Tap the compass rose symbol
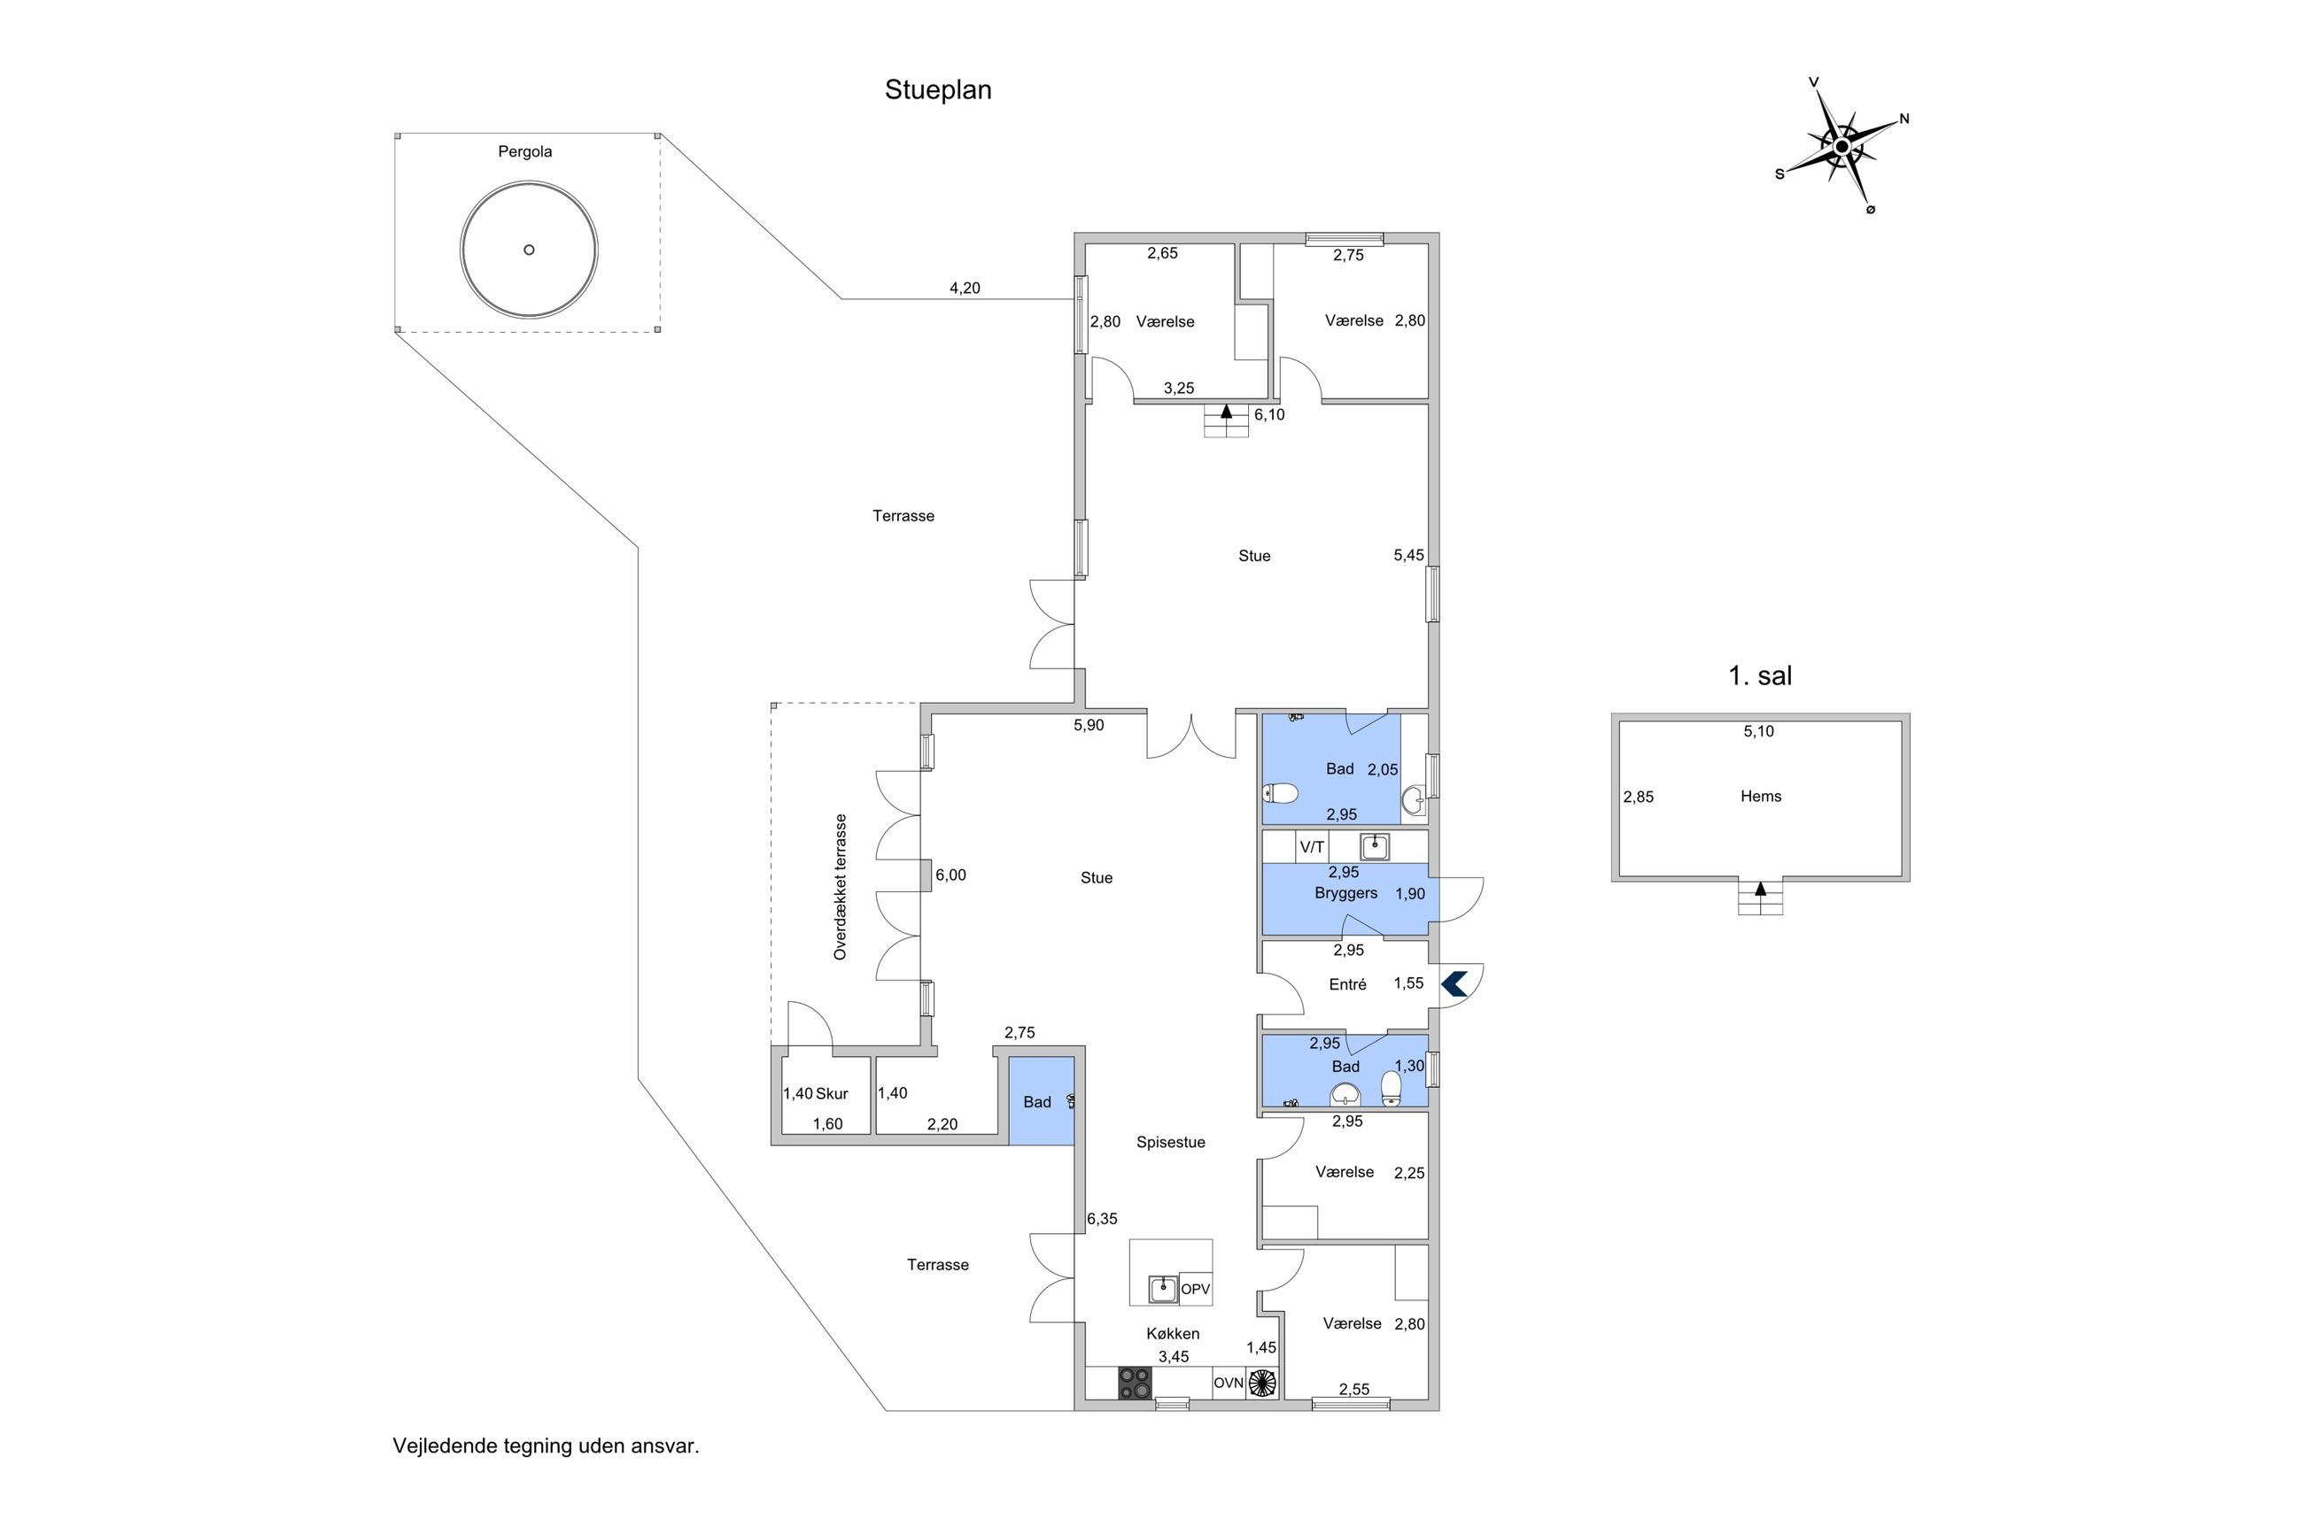[x=1840, y=148]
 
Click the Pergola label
[x=524, y=151]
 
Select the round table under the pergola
[x=529, y=250]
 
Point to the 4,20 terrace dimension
[x=964, y=288]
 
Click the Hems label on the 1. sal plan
[x=1760, y=797]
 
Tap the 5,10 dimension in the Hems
[x=1758, y=731]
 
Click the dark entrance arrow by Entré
[x=1454, y=983]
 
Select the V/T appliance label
[x=1312, y=847]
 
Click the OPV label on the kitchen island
[x=1195, y=1290]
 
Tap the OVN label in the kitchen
[x=1229, y=1384]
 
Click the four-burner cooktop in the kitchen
[x=1135, y=1383]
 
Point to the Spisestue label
[x=1171, y=1142]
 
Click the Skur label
[x=832, y=1094]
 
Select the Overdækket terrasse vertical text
[x=840, y=886]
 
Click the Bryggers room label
[x=1345, y=893]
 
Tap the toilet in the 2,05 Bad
[x=1280, y=792]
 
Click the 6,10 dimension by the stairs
[x=1268, y=415]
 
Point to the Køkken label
[x=1173, y=1333]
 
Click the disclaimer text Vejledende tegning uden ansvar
[x=547, y=1446]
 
